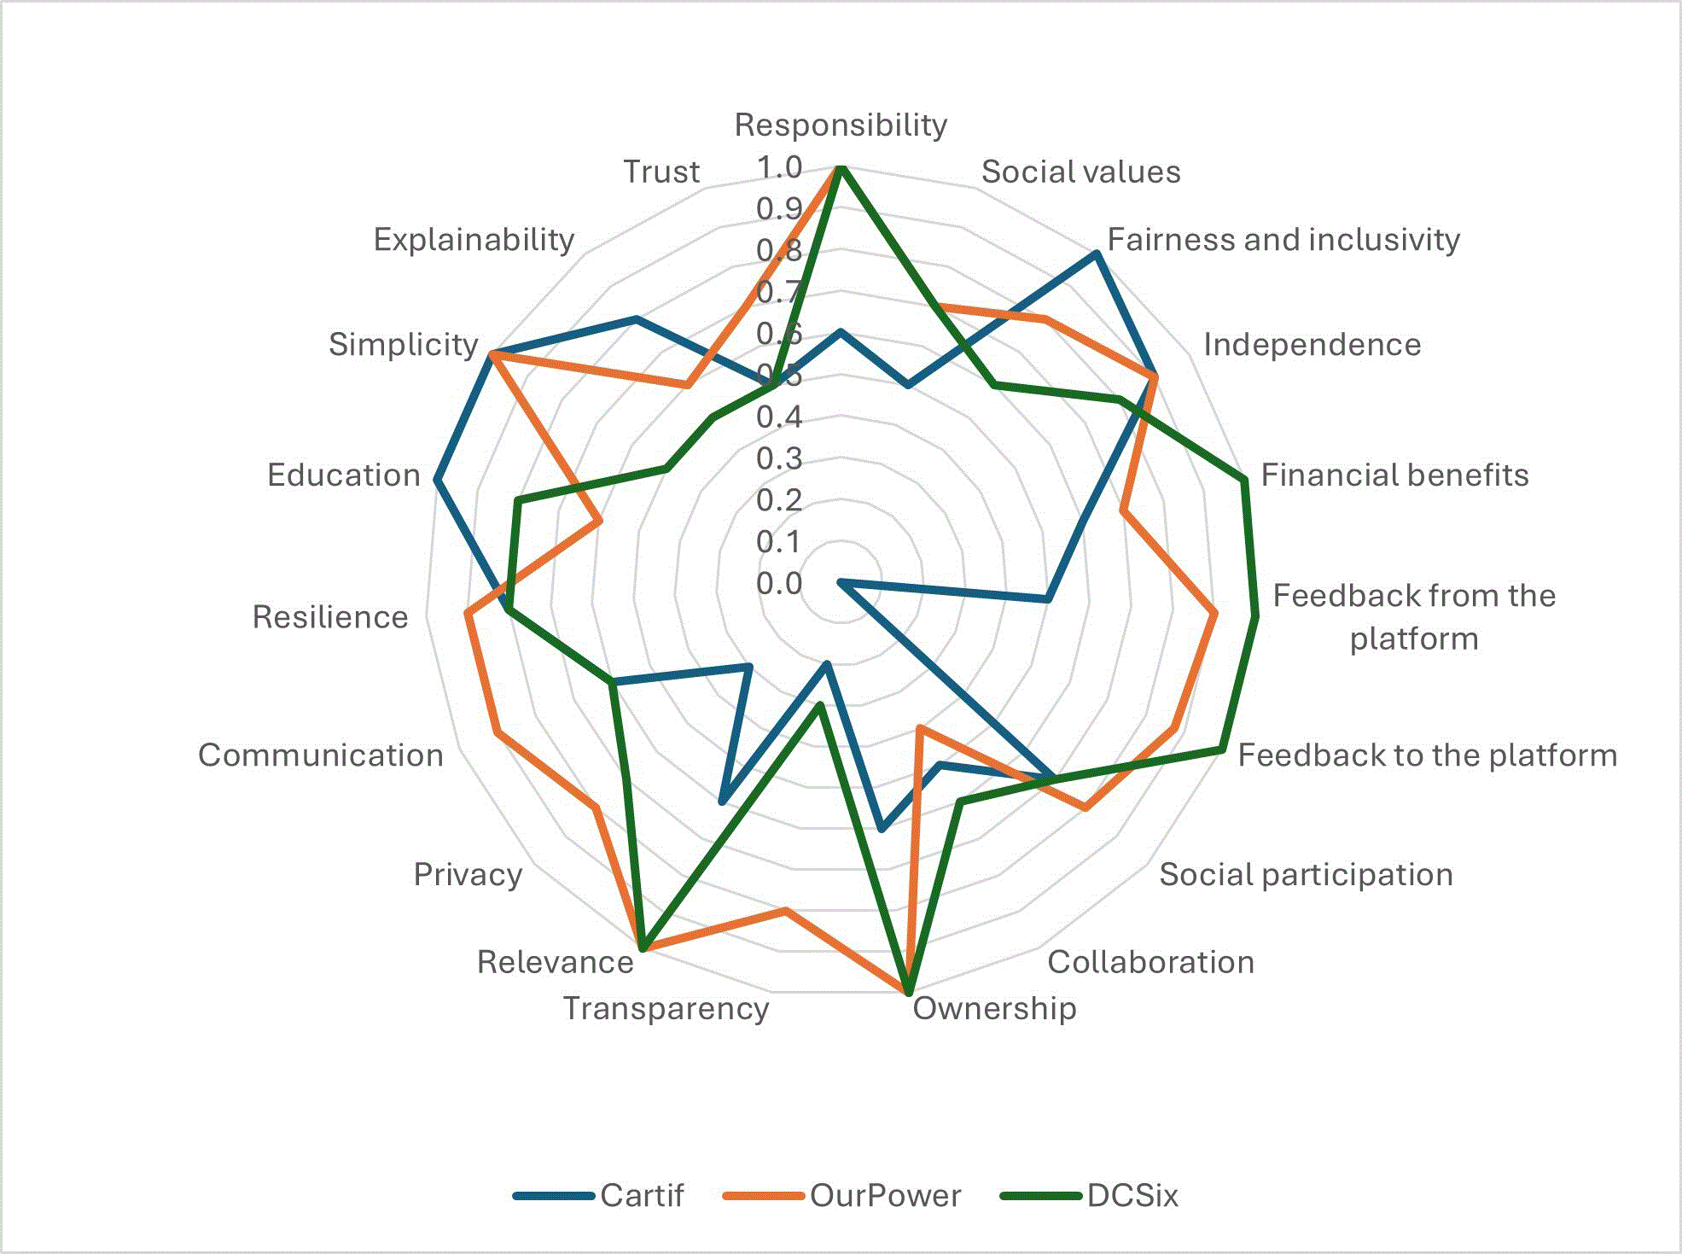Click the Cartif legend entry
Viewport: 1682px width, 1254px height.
(598, 1195)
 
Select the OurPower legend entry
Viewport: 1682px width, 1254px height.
(841, 1195)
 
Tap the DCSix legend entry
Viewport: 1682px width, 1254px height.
(1089, 1195)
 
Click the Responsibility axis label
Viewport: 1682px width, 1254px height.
(841, 125)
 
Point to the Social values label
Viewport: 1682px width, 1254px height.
(1080, 172)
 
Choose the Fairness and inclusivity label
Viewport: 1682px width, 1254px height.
(1283, 240)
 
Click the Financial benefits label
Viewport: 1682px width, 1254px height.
(1394, 475)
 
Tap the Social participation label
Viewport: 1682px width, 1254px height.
(1306, 874)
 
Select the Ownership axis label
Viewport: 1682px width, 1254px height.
(994, 1008)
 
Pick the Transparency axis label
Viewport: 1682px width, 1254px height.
(666, 1008)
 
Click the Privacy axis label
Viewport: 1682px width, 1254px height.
(468, 875)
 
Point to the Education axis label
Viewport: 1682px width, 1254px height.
(344, 475)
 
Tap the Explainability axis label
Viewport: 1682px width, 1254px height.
(474, 240)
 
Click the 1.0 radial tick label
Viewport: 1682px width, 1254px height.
(779, 167)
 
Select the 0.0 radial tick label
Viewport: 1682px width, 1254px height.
(779, 584)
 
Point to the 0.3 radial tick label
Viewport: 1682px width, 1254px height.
(779, 459)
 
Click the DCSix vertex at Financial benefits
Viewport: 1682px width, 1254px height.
(1244, 480)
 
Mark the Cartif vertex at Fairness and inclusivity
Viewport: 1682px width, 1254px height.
(1096, 254)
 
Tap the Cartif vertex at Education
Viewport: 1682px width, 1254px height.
(436, 481)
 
